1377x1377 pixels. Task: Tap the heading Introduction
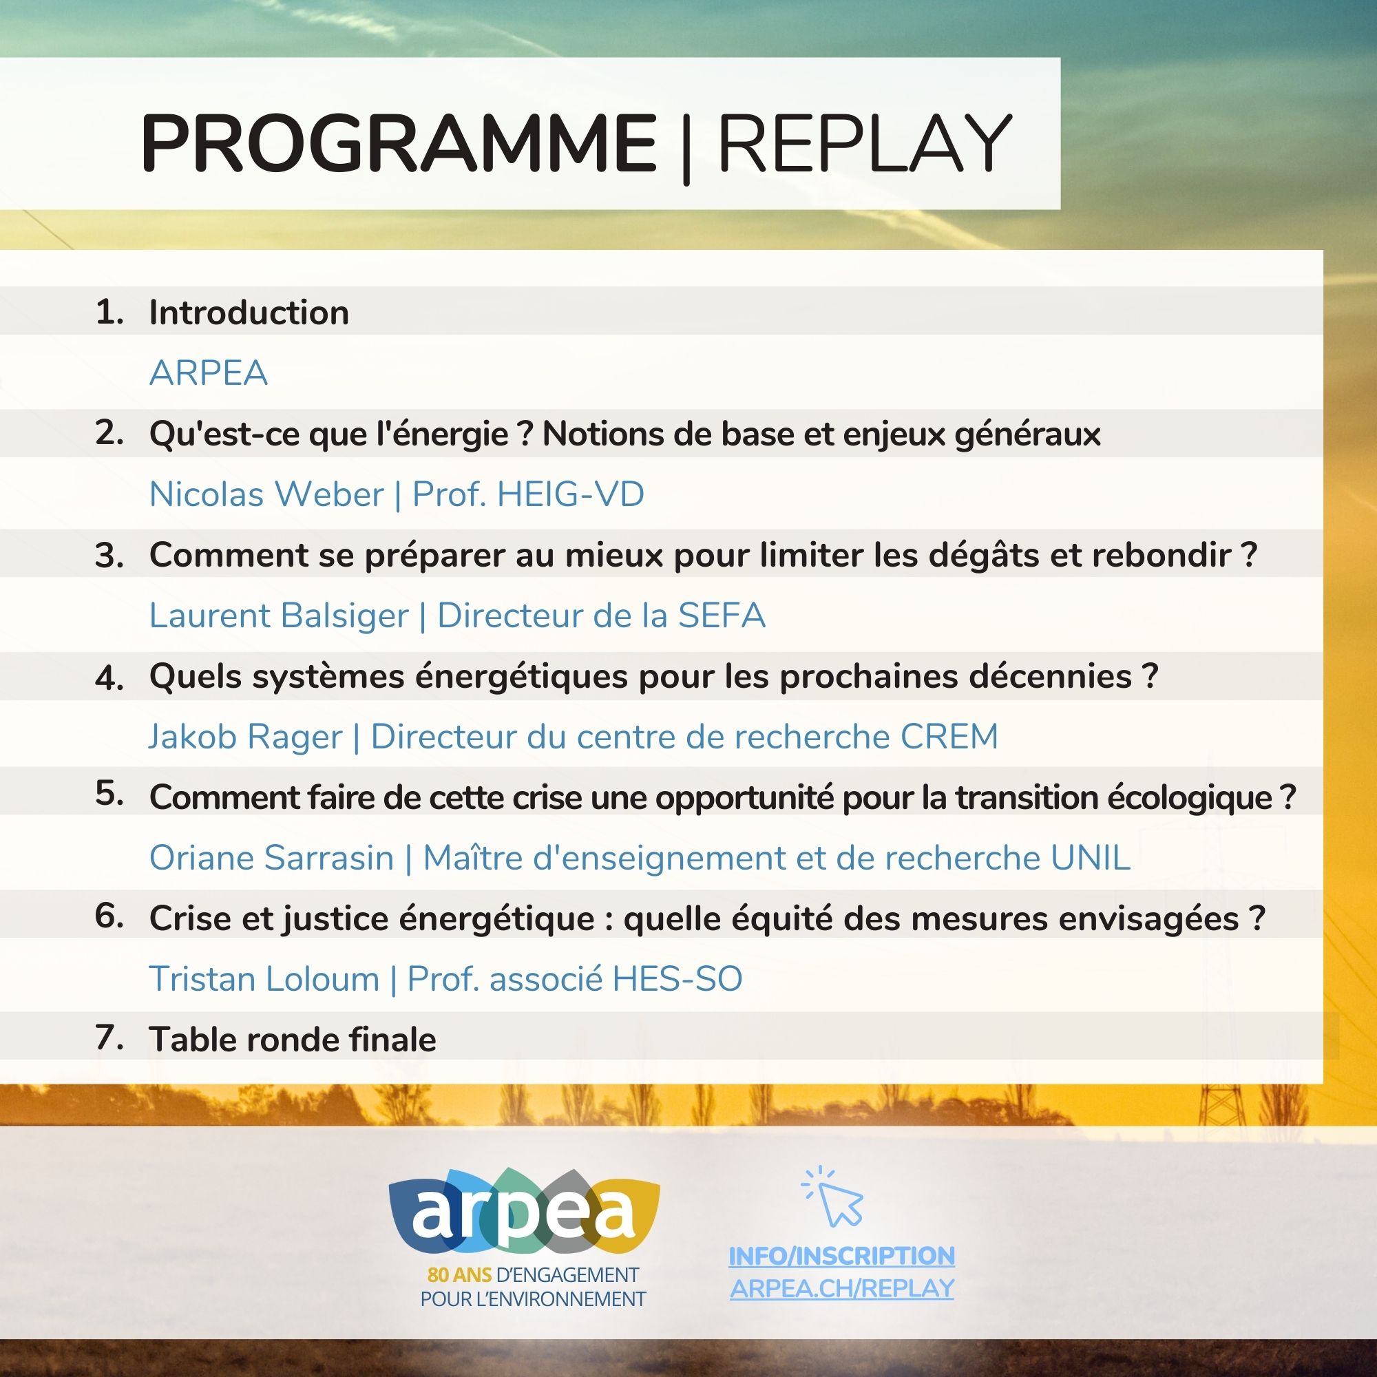(x=249, y=312)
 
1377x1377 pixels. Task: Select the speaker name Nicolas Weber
(x=266, y=494)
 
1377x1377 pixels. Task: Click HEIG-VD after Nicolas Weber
(x=570, y=494)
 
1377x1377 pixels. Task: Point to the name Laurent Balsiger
(x=279, y=616)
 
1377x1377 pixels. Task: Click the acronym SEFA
(x=722, y=615)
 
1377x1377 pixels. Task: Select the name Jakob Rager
(x=245, y=737)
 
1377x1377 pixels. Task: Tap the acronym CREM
(x=949, y=736)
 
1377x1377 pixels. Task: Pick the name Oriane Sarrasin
(x=271, y=857)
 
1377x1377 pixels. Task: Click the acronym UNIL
(x=1091, y=857)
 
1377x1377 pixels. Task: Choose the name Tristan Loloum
(x=264, y=978)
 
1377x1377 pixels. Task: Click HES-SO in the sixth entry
(x=677, y=978)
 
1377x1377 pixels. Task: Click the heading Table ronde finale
(x=292, y=1039)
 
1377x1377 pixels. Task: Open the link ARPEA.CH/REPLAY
(x=842, y=1288)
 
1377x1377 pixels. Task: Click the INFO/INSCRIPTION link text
(x=842, y=1256)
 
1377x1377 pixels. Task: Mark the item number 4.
(x=109, y=676)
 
